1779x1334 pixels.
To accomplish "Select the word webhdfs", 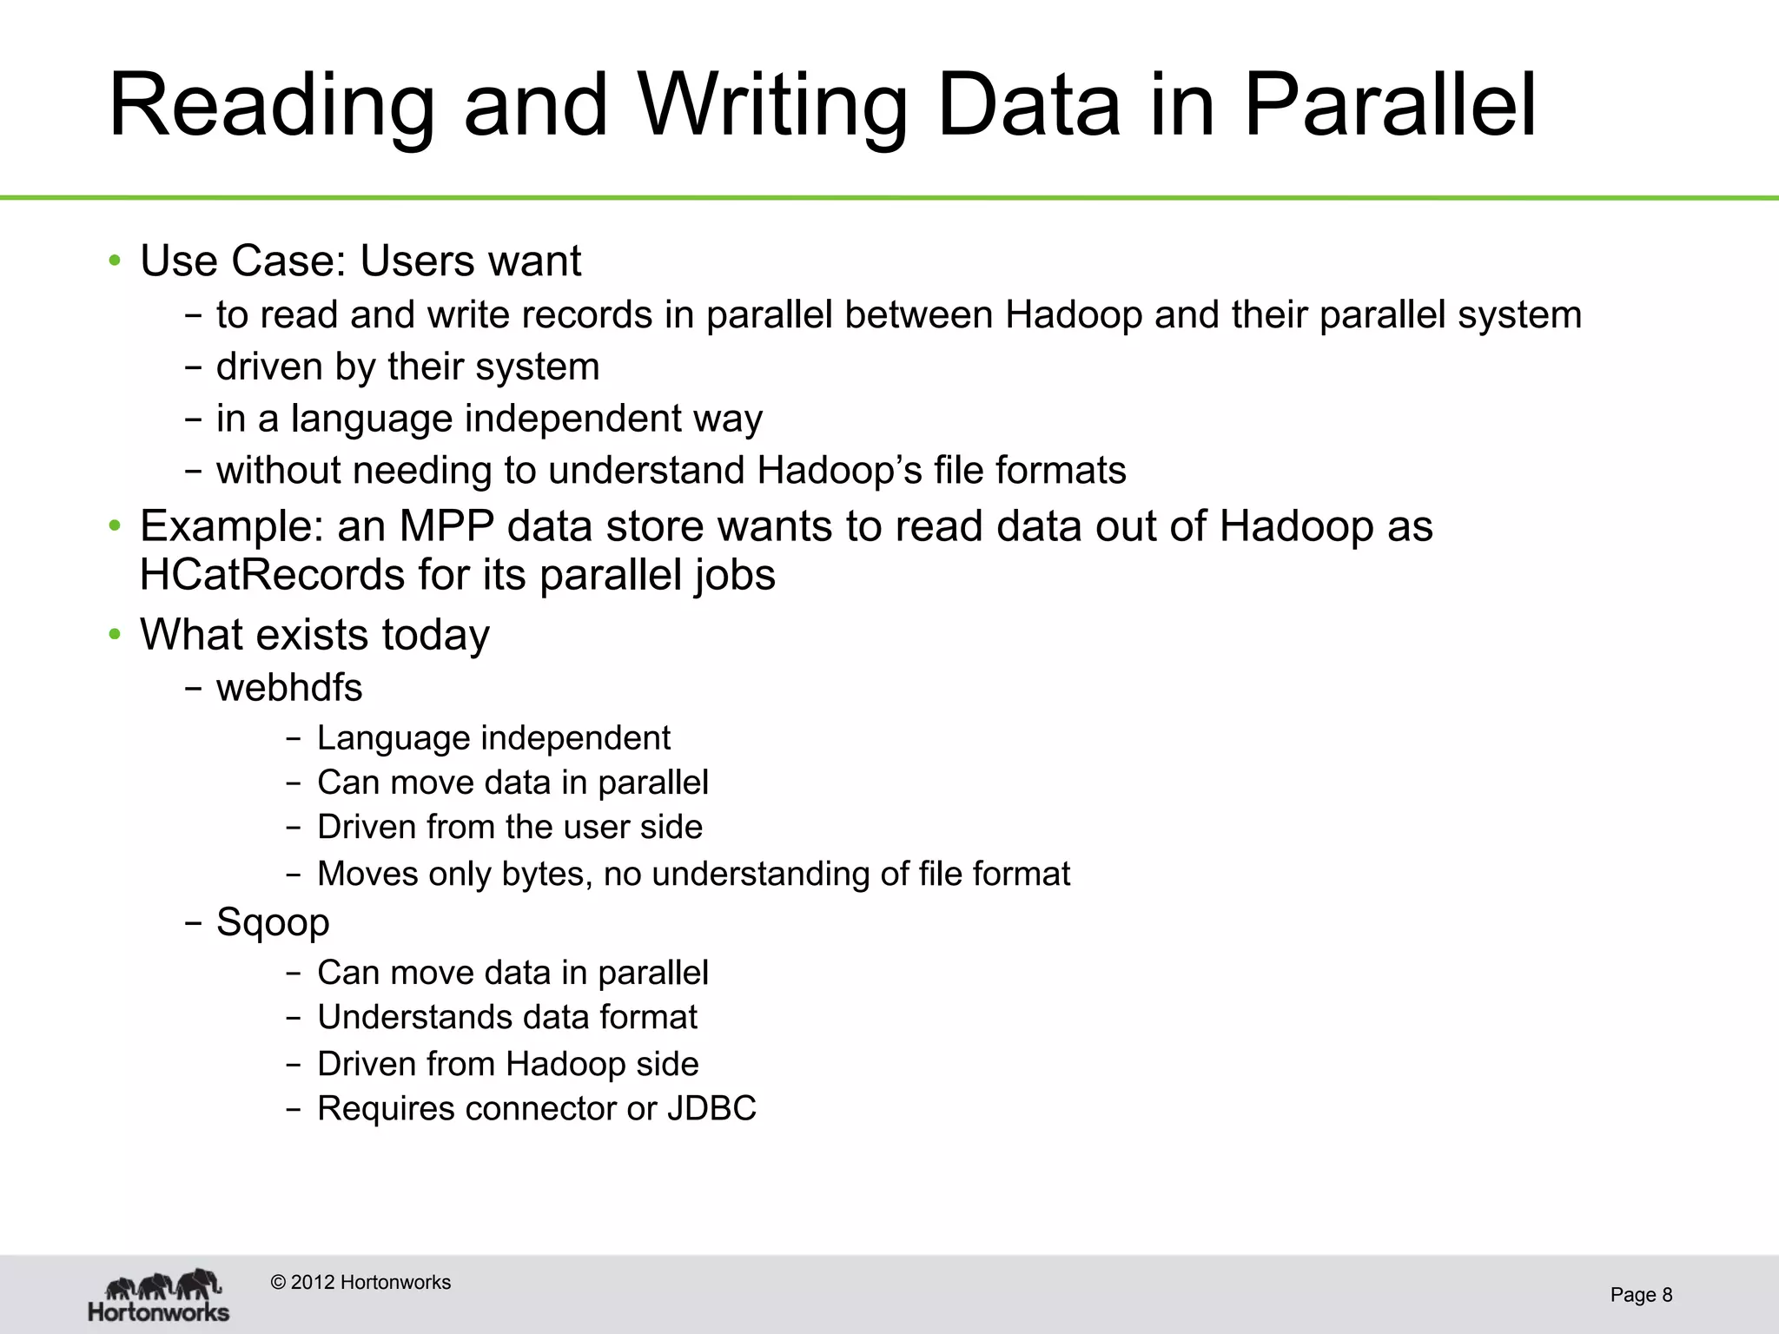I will [x=289, y=688].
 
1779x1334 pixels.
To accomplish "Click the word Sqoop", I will [x=273, y=922].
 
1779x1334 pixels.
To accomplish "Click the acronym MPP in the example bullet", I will [x=446, y=526].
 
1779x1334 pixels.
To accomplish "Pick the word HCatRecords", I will [x=272, y=575].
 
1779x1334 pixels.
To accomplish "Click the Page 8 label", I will [x=1641, y=1295].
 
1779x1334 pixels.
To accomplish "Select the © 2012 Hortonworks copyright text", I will [x=361, y=1283].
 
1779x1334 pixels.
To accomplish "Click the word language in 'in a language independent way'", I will [x=372, y=419].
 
